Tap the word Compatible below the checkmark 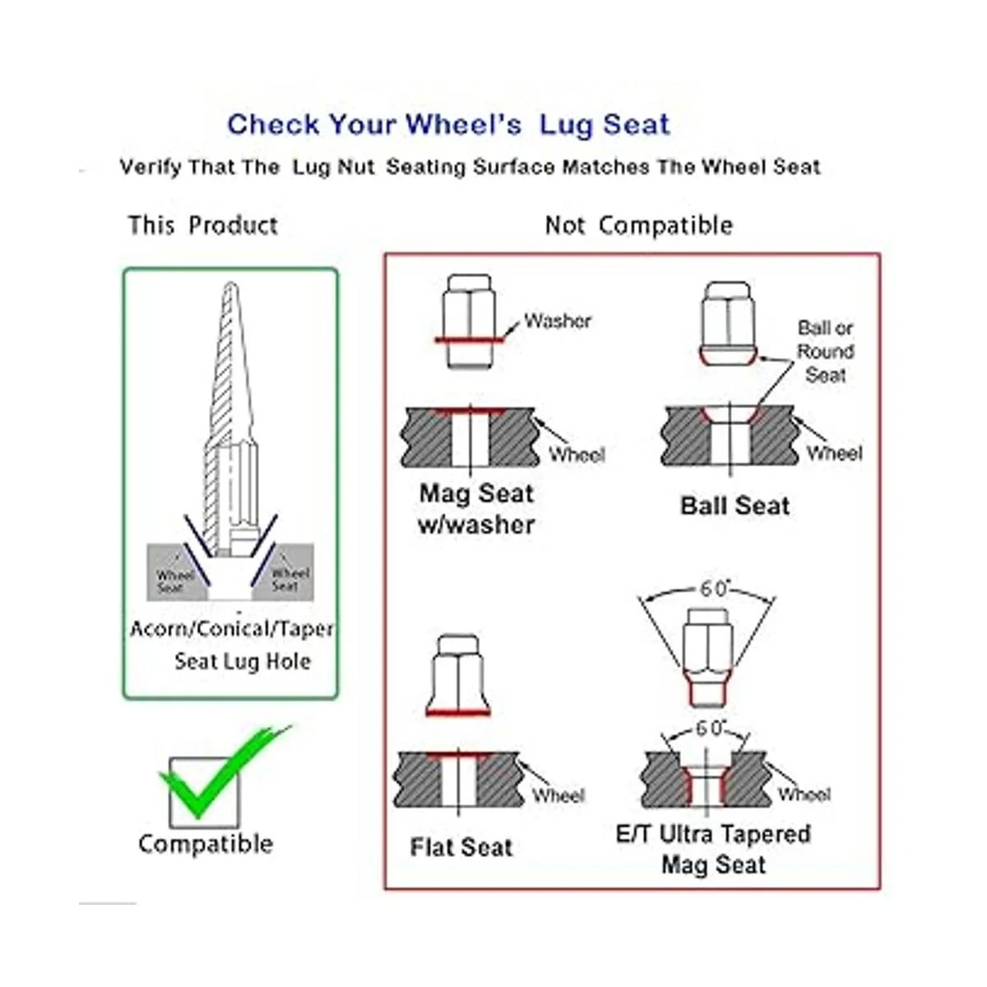click(206, 844)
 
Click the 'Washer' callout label click(558, 321)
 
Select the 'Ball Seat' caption click(734, 506)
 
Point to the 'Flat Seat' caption click(461, 847)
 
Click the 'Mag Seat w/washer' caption click(476, 509)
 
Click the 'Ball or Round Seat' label click(825, 351)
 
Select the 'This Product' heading click(203, 225)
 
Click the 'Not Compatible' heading click(639, 225)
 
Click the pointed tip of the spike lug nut click(231, 283)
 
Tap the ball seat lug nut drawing click(728, 322)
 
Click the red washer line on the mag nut click(470, 339)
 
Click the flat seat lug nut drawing click(458, 675)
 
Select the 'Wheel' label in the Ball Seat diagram click(834, 452)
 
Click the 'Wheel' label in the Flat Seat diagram click(558, 795)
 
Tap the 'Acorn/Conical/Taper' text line click(231, 628)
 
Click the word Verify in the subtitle click(150, 167)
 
